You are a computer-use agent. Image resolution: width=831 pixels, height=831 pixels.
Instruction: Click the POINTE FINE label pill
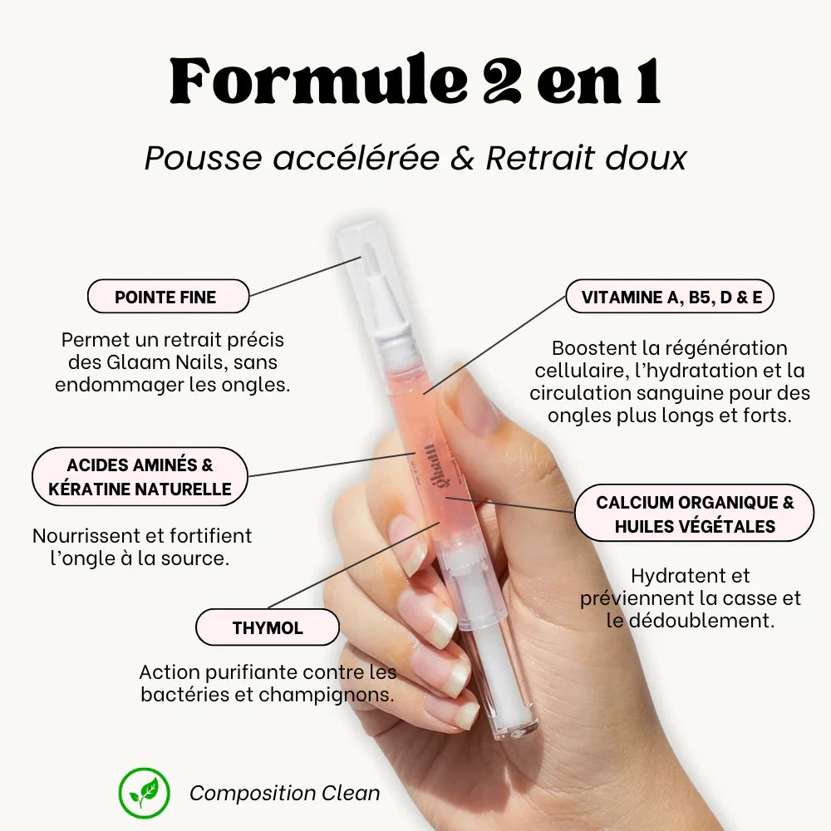pos(168,297)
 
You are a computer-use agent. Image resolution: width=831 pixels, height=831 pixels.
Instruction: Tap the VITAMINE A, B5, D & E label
pos(670,297)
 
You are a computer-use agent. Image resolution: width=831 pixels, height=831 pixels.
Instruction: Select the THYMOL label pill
pos(267,627)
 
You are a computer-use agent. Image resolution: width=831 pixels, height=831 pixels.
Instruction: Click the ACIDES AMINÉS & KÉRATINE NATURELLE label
pos(140,476)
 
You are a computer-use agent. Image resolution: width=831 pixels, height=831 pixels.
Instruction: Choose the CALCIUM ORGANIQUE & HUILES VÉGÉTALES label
pos(694,513)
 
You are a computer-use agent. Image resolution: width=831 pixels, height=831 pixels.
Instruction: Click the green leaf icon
pos(144,793)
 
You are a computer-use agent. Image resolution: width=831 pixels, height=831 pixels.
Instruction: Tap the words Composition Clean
pos(284,794)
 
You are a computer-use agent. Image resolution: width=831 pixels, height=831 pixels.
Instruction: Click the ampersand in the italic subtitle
pos(462,159)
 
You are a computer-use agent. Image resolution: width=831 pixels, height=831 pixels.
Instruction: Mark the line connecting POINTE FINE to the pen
pos(305,276)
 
